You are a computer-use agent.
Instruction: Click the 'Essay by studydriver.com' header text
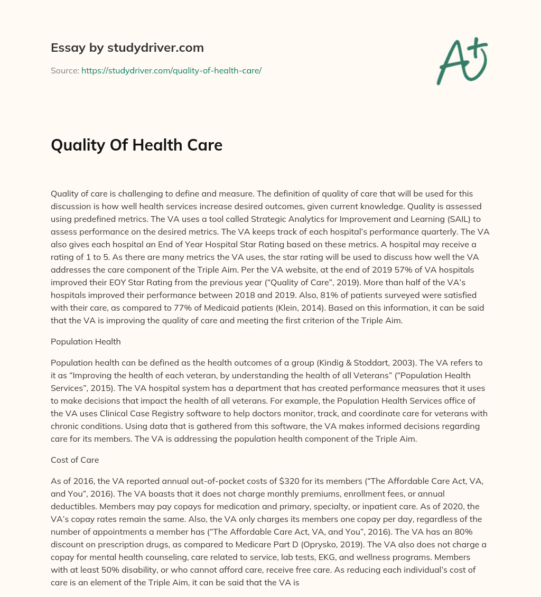point(127,48)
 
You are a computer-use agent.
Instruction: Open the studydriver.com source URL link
point(171,70)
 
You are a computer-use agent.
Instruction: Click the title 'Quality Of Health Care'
point(136,145)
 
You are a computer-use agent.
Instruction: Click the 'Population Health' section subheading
point(86,341)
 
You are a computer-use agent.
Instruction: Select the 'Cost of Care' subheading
point(74,460)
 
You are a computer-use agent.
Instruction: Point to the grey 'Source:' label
point(64,70)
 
